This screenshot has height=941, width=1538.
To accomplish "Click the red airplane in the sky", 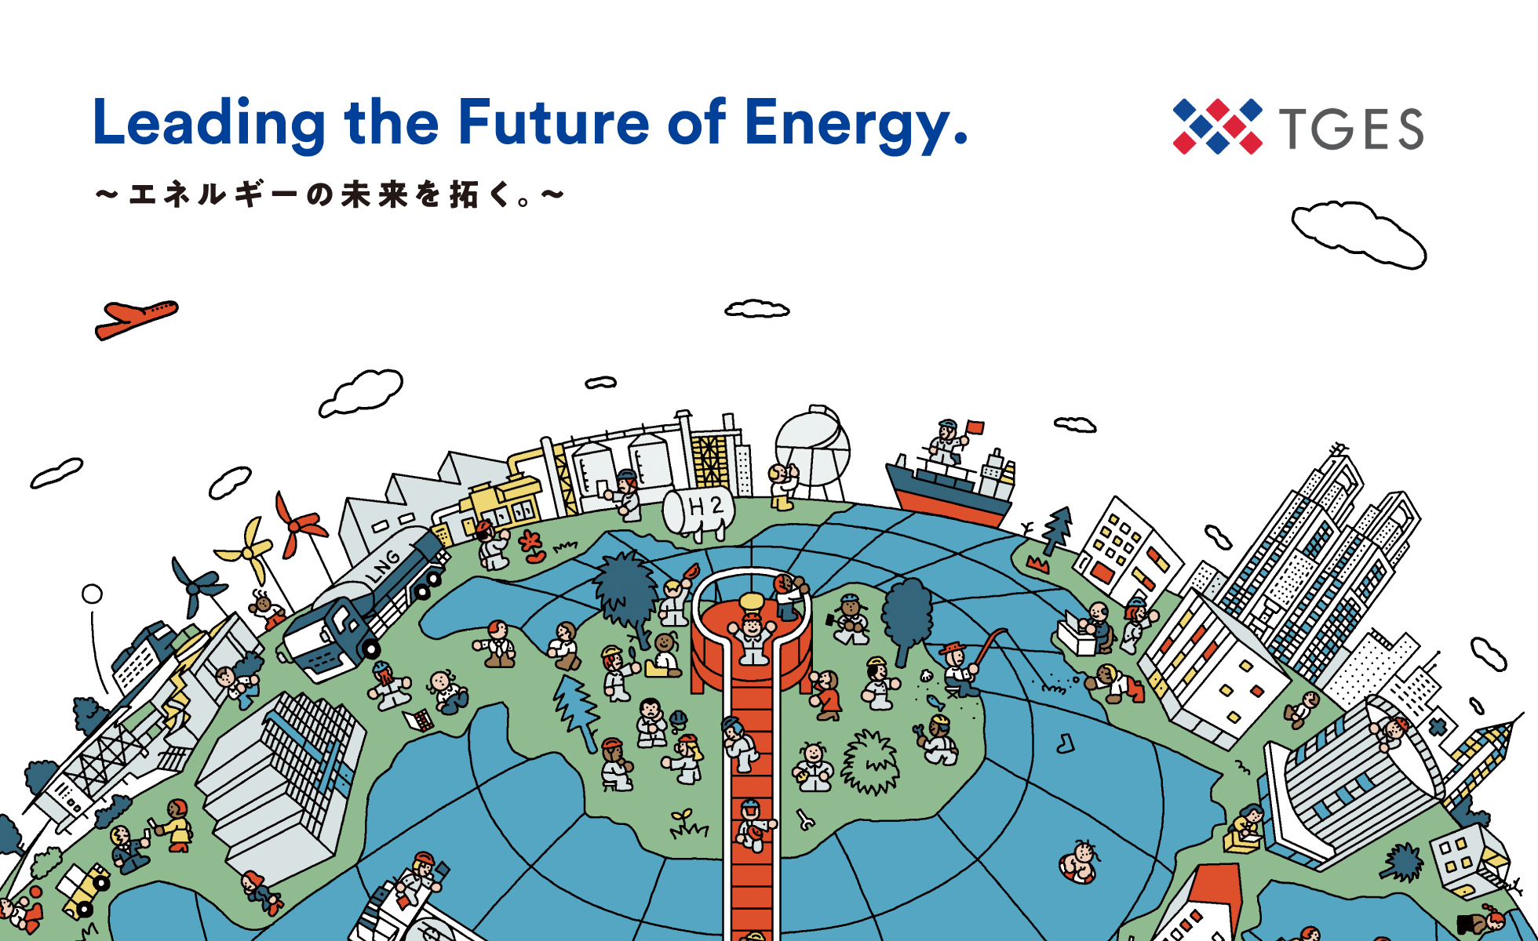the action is (x=136, y=319).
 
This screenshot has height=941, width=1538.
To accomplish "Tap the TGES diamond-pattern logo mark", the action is (x=1217, y=126).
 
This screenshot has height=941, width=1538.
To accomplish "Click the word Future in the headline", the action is (x=554, y=122).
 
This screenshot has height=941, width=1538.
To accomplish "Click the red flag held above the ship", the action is (x=975, y=427).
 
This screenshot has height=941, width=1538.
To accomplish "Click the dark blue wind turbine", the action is (x=197, y=585).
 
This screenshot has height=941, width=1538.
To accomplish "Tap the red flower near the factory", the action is (x=533, y=546).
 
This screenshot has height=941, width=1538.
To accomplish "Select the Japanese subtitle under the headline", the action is (x=330, y=194).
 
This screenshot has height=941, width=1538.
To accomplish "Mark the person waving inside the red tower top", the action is (x=753, y=638).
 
